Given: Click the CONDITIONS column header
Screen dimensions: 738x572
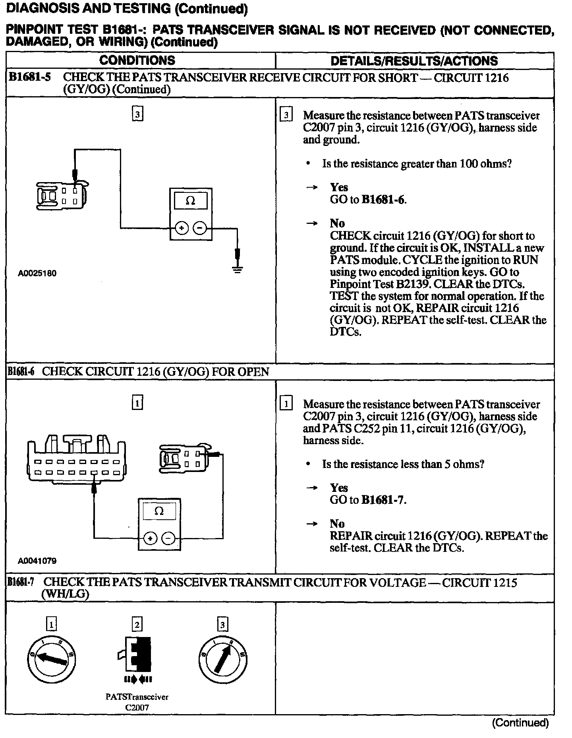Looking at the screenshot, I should [x=137, y=60].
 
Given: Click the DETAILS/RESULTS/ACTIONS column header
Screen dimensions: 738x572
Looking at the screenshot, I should [x=414, y=61].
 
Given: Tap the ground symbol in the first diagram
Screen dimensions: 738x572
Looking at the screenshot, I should [x=238, y=270].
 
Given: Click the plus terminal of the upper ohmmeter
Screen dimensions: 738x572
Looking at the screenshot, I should [x=182, y=228].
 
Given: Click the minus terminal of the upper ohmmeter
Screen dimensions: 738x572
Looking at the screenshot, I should [x=200, y=228].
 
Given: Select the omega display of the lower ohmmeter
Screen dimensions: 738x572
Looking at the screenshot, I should [x=159, y=511].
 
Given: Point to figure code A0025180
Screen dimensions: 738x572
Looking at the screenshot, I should [x=37, y=273].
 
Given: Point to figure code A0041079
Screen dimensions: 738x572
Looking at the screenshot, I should [x=37, y=561].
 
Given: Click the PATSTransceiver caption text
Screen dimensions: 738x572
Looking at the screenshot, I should [x=137, y=697].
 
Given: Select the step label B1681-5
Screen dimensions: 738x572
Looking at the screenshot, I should [x=30, y=77].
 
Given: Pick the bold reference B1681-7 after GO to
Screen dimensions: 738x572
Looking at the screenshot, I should [x=383, y=500].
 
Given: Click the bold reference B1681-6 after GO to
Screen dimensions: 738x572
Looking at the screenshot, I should [x=383, y=200].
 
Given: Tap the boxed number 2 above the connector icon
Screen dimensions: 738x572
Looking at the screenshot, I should [x=137, y=624].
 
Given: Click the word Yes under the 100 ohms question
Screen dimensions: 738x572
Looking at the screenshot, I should [x=339, y=187].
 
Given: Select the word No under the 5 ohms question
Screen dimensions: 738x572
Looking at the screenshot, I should [x=337, y=524].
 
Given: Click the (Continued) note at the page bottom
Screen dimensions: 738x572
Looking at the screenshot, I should [x=520, y=722].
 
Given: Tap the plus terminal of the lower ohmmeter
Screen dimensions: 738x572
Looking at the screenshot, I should [x=150, y=539].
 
